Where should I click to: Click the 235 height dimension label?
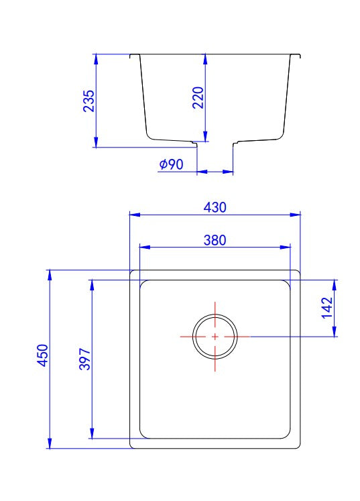tap(88, 101)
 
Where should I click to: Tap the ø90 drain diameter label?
tap(172, 164)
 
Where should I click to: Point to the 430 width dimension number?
tap(215, 207)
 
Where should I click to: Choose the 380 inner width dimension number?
tap(215, 239)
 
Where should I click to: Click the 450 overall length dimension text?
tap(42, 355)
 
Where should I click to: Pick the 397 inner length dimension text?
tap(84, 360)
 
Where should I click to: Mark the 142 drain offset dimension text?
tap(327, 307)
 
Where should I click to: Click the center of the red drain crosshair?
tap(215, 336)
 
